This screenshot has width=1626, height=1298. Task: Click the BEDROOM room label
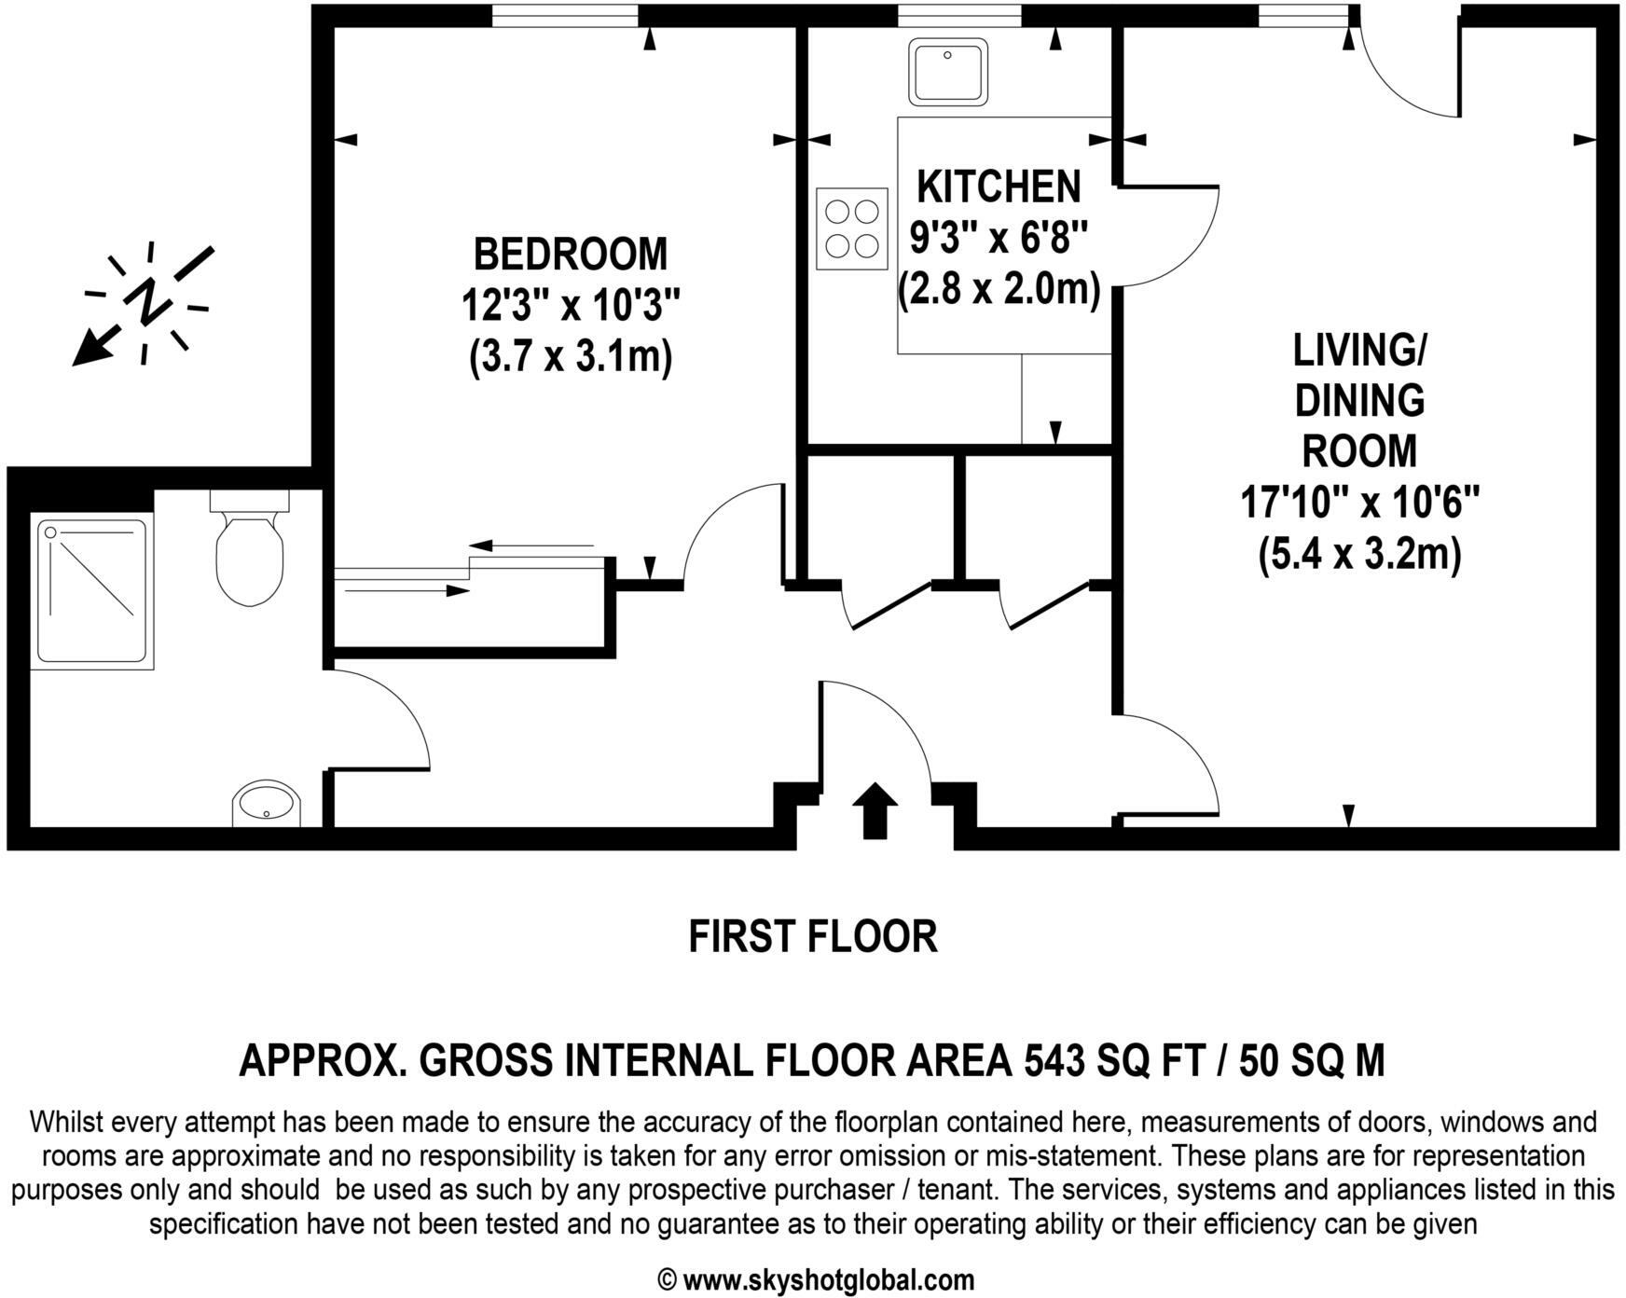click(x=571, y=254)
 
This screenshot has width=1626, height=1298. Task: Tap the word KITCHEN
click(x=999, y=187)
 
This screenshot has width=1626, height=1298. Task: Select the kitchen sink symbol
click(x=949, y=71)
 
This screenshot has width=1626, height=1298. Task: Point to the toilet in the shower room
click(x=249, y=557)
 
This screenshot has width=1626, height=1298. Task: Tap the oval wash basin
click(x=267, y=803)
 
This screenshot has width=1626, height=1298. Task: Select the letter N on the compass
click(x=147, y=301)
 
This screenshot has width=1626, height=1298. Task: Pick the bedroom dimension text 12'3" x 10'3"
click(x=571, y=305)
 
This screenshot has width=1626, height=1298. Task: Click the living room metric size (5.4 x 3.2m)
click(x=1359, y=556)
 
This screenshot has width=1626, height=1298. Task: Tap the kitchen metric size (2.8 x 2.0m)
click(x=999, y=290)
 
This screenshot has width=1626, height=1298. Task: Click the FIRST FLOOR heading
click(x=812, y=936)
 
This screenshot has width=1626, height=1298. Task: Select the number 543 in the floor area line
click(x=1054, y=1060)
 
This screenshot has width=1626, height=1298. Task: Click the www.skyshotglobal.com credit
click(x=828, y=1279)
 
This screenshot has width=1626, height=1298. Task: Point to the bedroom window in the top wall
click(x=565, y=15)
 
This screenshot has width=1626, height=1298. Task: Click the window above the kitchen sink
click(x=959, y=15)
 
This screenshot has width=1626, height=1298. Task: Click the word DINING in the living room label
click(x=1359, y=401)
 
